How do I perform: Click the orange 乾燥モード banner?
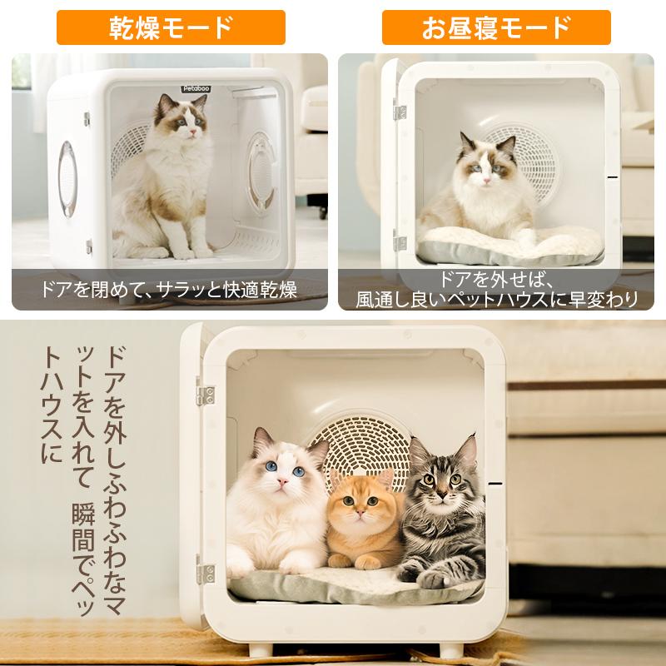(171, 27)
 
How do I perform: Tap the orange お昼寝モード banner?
(496, 27)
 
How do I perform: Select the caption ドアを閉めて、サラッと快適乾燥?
(170, 291)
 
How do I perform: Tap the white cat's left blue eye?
(270, 467)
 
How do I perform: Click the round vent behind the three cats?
(366, 445)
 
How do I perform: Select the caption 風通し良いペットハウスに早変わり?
(497, 298)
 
